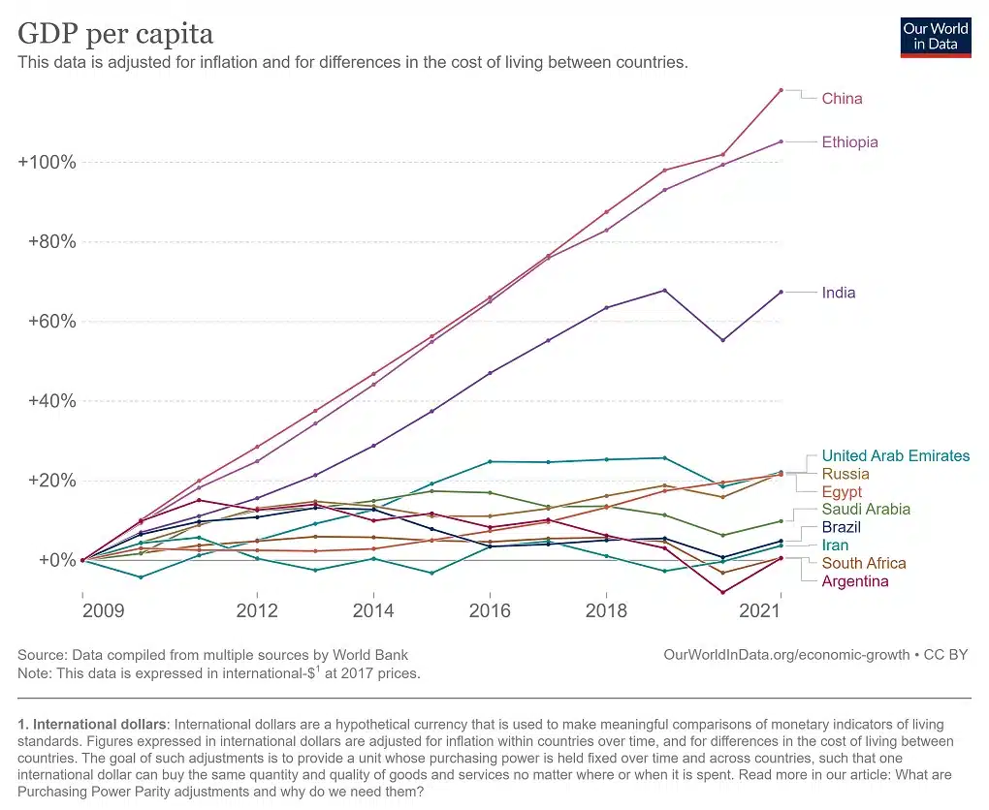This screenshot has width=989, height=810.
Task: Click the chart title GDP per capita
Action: coord(115,33)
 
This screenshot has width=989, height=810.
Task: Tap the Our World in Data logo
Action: coord(936,38)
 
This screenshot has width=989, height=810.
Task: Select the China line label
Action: coord(842,98)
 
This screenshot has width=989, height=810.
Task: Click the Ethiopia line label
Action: coord(849,141)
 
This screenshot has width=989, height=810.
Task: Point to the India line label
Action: coord(839,293)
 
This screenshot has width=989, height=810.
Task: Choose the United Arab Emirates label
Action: coord(896,455)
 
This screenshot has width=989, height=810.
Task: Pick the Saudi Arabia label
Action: coord(866,510)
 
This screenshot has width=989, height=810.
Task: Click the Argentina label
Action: coord(854,581)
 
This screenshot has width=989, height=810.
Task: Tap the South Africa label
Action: coord(864,563)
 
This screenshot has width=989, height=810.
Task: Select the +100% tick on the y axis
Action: coord(48,162)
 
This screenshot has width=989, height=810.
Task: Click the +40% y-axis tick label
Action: coord(52,401)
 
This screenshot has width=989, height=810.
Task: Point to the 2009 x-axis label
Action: coord(104,610)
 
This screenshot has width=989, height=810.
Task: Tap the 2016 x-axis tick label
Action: coord(490,610)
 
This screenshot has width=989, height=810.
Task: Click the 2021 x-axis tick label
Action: coord(760,610)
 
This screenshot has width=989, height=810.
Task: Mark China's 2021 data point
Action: coord(781,90)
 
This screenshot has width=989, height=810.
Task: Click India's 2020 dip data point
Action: coord(722,340)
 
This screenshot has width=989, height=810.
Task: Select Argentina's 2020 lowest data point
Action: coord(722,593)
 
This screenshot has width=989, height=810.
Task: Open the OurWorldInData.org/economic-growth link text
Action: coord(786,655)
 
